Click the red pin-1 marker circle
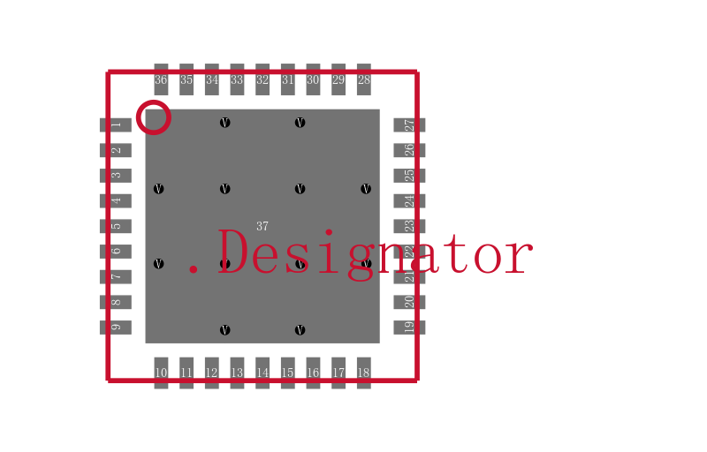[x=154, y=117]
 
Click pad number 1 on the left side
[x=116, y=125]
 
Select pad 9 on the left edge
[x=116, y=328]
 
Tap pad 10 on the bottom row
[x=161, y=372]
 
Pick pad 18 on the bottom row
[x=363, y=372]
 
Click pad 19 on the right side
[x=409, y=328]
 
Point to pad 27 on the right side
[x=409, y=125]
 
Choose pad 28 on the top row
[x=363, y=79]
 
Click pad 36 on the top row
[x=161, y=79]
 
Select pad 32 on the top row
[x=262, y=79]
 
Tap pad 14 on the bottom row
[x=262, y=372]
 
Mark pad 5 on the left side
[x=116, y=226]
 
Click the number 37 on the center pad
[x=262, y=227]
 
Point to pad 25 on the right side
[x=409, y=176]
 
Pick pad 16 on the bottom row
[x=313, y=372]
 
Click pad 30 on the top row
[x=313, y=79]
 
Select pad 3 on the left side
[x=116, y=176]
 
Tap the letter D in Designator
[x=236, y=254]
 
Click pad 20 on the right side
[x=409, y=302]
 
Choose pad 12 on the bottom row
[x=211, y=372]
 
